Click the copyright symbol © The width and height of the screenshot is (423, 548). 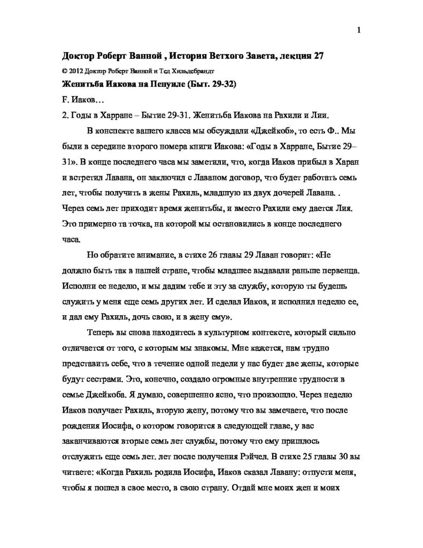tap(64, 70)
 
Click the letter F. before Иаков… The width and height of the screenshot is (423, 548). tap(65, 100)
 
